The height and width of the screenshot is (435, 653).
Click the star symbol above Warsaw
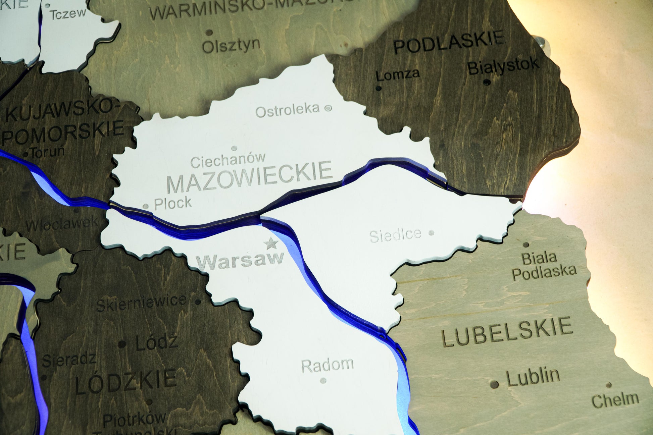click(271, 243)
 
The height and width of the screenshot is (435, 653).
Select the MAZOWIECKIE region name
click(249, 176)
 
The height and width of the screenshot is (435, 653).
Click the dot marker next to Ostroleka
click(328, 108)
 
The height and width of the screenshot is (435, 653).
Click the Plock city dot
click(146, 207)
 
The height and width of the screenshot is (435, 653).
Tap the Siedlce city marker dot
click(432, 232)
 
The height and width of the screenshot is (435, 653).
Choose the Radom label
click(327, 365)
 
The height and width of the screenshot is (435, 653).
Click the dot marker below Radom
click(323, 380)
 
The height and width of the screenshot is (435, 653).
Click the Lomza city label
click(398, 74)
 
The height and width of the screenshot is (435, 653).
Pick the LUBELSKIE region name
click(507, 331)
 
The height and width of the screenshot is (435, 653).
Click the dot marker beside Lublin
click(494, 384)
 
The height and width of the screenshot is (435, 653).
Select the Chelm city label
click(615, 400)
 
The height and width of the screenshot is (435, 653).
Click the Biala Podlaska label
click(543, 266)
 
